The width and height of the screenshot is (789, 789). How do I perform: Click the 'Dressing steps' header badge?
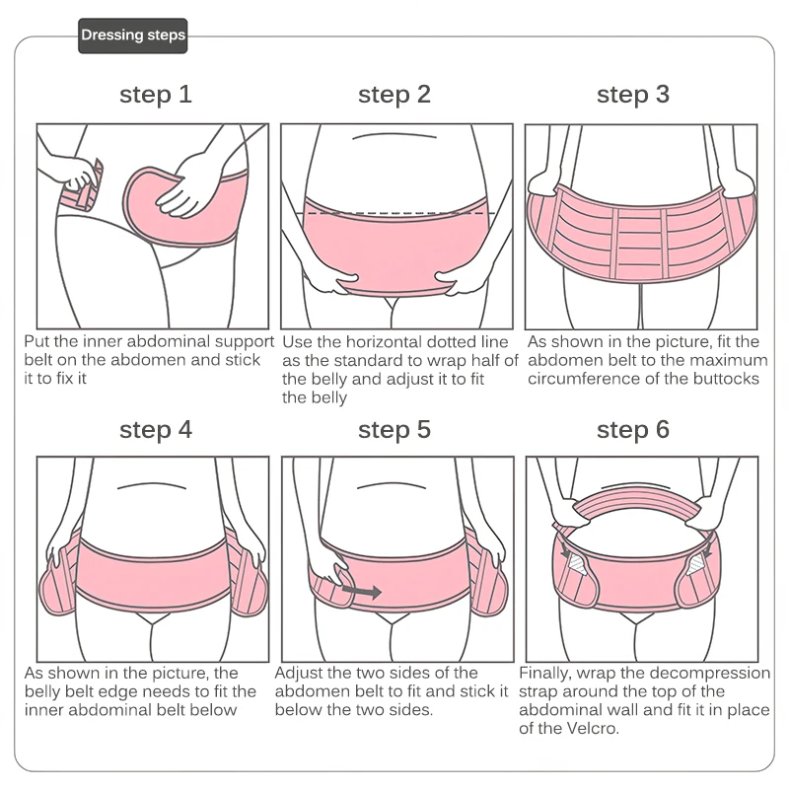(x=132, y=36)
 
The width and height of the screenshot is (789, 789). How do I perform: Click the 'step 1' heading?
(x=155, y=95)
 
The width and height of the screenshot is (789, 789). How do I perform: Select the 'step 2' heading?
(x=394, y=95)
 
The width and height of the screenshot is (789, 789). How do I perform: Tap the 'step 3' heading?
(x=633, y=95)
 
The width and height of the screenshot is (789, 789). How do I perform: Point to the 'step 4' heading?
(x=155, y=430)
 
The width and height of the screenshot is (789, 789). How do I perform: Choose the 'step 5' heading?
(x=394, y=430)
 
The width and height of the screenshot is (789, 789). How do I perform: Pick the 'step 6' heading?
(x=633, y=430)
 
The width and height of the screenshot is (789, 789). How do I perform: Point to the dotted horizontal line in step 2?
(x=394, y=212)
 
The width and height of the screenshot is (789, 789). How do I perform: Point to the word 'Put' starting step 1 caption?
(x=37, y=342)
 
